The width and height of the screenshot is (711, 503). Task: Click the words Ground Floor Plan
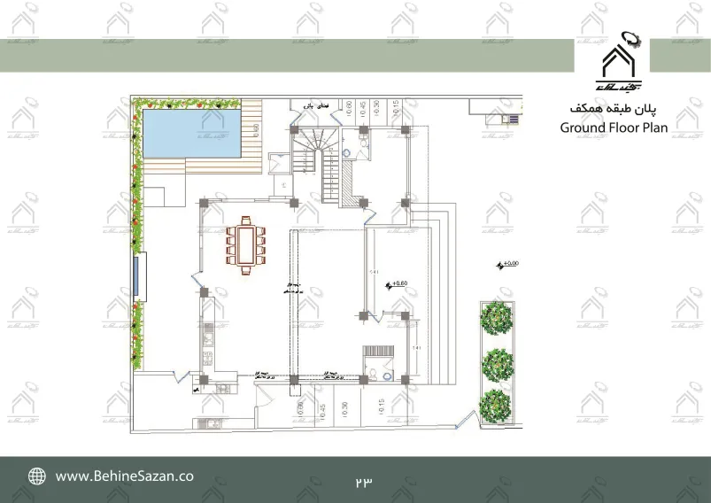pyautogui.click(x=614, y=127)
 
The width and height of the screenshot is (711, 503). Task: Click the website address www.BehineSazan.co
pyautogui.click(x=125, y=476)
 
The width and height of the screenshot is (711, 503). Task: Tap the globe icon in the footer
pyautogui.click(x=37, y=476)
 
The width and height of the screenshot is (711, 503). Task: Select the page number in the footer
pyautogui.click(x=363, y=481)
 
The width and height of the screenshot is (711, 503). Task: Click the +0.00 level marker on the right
pyautogui.click(x=508, y=264)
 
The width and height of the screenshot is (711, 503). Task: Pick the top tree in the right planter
pyautogui.click(x=497, y=317)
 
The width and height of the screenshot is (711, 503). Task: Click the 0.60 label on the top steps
pyautogui.click(x=349, y=108)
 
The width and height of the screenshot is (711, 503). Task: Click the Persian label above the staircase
pyautogui.click(x=307, y=105)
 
